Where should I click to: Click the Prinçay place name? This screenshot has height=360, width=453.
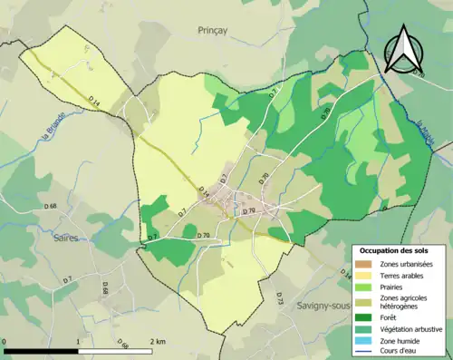217,30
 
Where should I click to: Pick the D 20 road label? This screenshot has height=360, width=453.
265,179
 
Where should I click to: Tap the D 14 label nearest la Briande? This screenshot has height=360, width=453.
95,104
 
